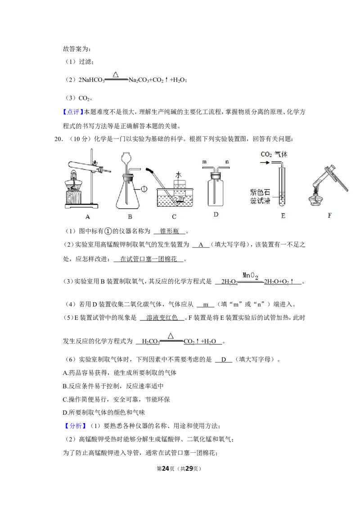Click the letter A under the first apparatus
tap(87, 217)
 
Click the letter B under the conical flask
tap(130, 217)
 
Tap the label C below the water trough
tap(174, 217)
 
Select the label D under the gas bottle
tap(216, 214)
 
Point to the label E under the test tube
tap(283, 215)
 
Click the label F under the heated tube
tap(329, 215)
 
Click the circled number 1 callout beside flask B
tap(144, 189)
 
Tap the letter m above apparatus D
tap(204, 162)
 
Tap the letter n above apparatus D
tap(227, 162)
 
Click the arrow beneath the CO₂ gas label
tap(265, 162)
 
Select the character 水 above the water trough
tap(178, 175)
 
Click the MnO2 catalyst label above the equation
tap(250, 276)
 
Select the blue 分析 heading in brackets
tap(75, 426)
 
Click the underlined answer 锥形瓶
tap(169, 231)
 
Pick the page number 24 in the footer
tap(166, 469)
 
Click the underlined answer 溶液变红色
tap(162, 317)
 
